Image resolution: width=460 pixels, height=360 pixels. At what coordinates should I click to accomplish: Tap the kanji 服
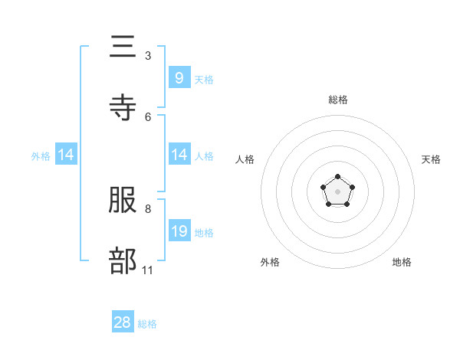(x=123, y=200)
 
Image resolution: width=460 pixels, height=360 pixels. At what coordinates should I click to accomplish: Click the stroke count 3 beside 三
(x=148, y=55)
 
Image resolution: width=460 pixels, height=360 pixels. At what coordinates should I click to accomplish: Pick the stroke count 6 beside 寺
(x=148, y=116)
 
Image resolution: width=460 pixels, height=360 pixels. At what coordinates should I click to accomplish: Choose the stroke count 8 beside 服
(x=148, y=208)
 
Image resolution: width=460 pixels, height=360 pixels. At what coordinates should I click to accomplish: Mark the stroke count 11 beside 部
(x=148, y=270)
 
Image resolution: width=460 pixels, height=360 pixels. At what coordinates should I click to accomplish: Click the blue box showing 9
(x=179, y=77)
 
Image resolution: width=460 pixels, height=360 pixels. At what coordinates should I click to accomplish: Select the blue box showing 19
(x=179, y=231)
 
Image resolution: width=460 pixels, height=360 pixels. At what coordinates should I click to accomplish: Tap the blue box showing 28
(x=123, y=322)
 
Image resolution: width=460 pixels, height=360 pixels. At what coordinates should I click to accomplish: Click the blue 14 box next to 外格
(x=66, y=155)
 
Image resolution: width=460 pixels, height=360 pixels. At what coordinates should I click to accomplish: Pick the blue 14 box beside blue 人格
(x=179, y=155)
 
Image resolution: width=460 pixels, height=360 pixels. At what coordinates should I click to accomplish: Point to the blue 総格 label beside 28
(x=147, y=324)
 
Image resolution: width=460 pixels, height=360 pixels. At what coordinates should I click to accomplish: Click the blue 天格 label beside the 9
(x=204, y=79)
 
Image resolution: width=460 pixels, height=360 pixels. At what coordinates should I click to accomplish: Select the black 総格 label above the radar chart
(x=338, y=100)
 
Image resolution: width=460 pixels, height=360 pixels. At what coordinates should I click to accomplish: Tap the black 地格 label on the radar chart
(x=402, y=262)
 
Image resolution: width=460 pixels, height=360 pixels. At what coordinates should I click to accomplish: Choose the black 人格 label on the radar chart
(x=245, y=159)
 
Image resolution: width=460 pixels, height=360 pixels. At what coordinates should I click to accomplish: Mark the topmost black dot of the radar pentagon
(x=338, y=178)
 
